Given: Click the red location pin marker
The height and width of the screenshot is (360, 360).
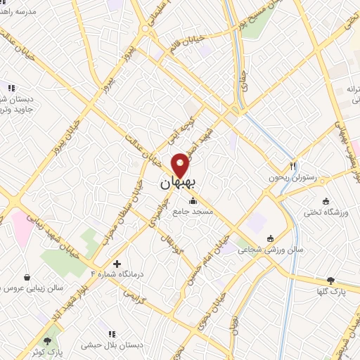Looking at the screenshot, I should click(180, 165).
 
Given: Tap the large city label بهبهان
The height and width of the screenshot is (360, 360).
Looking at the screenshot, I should click(176, 184).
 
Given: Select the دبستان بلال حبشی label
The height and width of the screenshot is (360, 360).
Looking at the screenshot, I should click(110, 345).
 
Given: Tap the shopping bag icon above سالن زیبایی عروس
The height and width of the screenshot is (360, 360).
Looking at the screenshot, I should click(27, 277).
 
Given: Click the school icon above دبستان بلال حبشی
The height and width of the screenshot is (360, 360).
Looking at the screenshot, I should click(110, 334).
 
